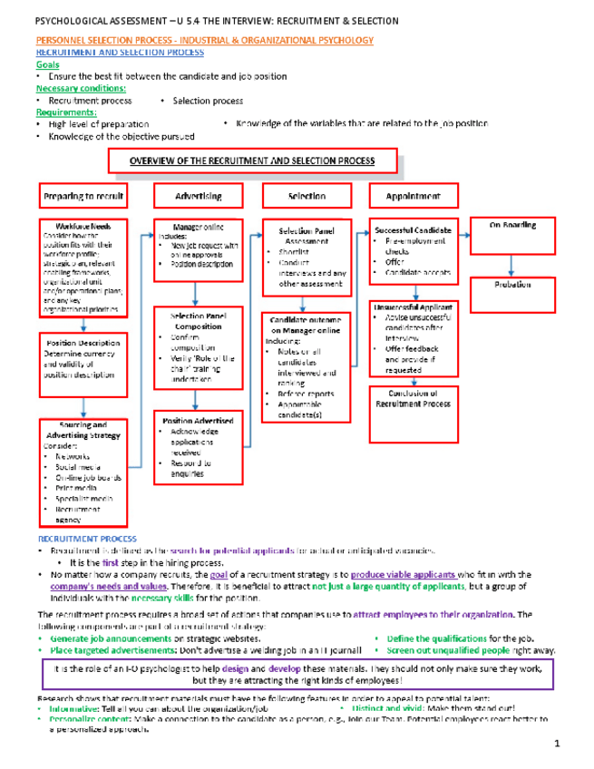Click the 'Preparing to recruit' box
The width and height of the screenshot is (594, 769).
83,196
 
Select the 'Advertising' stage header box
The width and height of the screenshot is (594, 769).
198,196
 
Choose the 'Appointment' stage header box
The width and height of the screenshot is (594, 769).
414,196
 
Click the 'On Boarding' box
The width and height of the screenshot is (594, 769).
512,224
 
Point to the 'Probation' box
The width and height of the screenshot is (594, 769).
512,284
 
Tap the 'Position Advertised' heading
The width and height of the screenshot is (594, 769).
198,422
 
